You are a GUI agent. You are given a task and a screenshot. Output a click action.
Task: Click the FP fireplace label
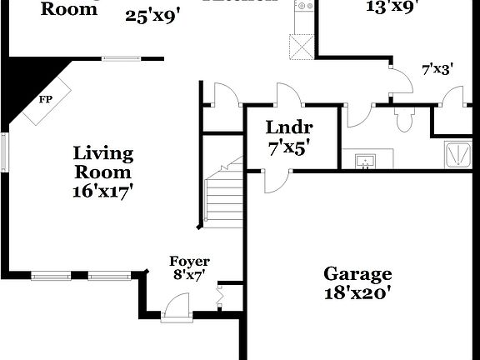coord(45,98)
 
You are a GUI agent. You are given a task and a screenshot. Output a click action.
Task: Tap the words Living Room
coord(103,162)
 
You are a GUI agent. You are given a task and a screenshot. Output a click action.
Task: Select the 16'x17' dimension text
coord(103,190)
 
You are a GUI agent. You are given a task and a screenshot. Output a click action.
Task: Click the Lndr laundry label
coord(289,127)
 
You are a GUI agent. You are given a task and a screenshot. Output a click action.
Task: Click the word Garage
coord(357,274)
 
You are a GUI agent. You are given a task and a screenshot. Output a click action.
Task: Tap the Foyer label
coord(190,262)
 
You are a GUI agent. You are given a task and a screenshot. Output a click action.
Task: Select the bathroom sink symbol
coord(365,159)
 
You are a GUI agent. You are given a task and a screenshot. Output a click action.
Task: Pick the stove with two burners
coord(303,8)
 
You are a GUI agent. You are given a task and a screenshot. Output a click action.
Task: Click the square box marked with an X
coord(301,46)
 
